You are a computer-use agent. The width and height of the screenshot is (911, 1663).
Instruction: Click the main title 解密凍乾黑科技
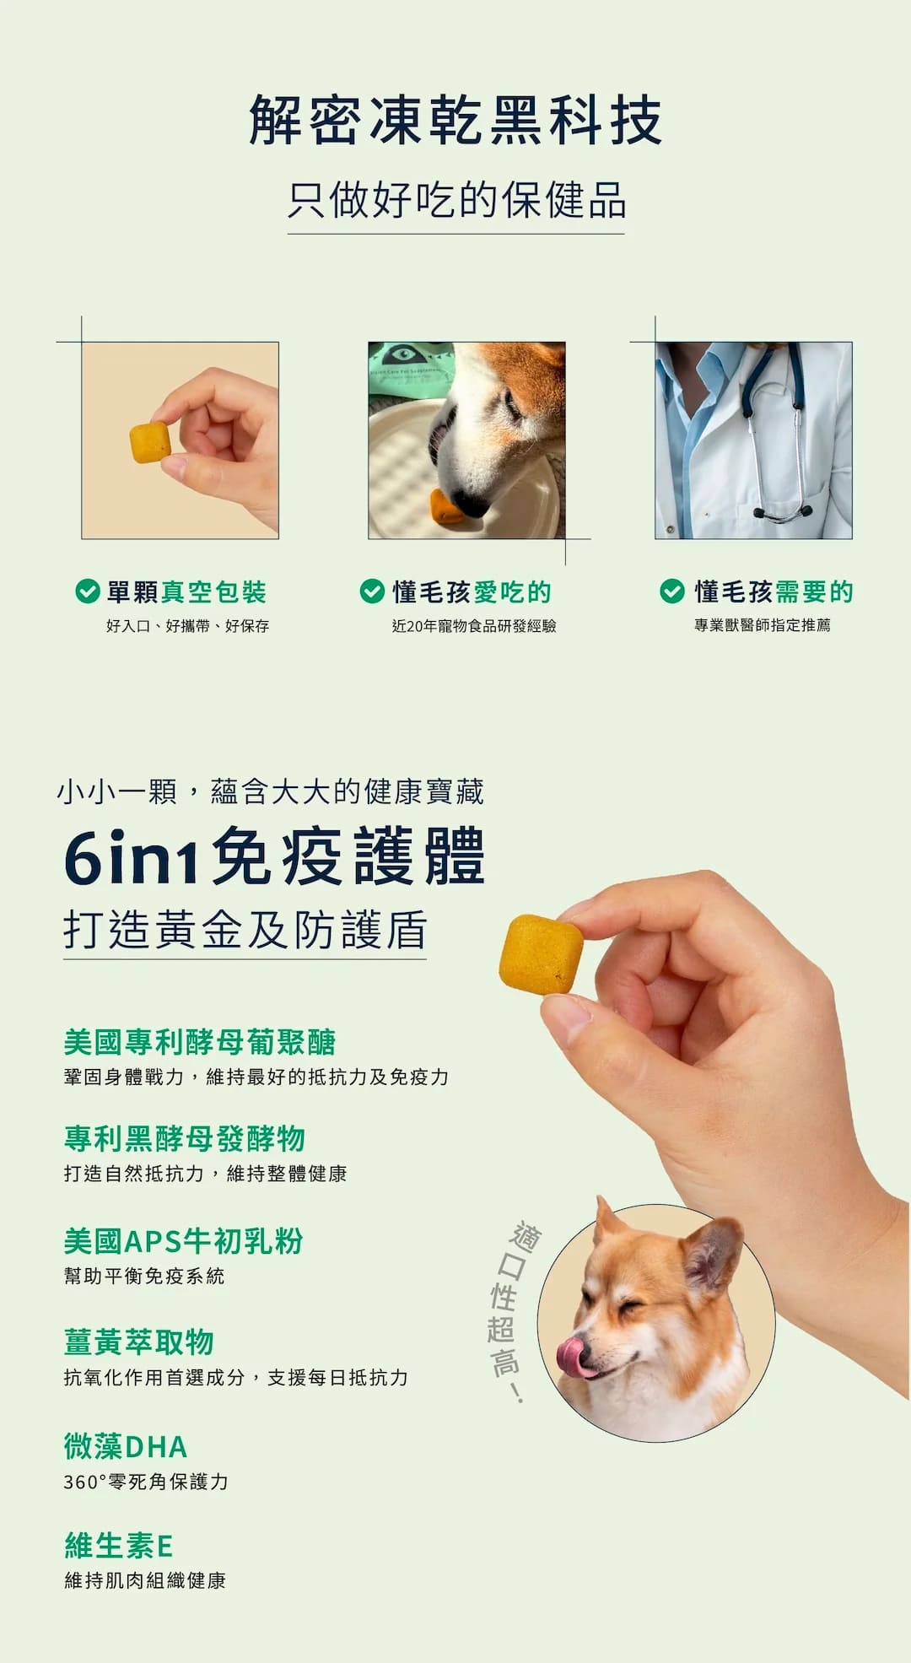click(455, 120)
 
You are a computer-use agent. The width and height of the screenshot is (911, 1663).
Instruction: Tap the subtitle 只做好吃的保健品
click(455, 200)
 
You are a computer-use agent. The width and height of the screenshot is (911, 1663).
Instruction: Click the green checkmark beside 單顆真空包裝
click(87, 591)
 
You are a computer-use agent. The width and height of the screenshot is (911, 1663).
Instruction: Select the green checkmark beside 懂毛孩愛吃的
click(372, 591)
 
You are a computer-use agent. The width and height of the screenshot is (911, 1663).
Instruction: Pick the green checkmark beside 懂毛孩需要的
click(671, 591)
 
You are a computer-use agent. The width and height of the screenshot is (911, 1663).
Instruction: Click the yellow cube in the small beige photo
click(150, 443)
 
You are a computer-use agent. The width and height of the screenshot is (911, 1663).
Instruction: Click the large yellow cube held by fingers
click(541, 954)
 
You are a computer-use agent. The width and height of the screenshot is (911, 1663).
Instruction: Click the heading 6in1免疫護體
click(274, 856)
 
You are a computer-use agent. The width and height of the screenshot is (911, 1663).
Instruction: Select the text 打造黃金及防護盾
click(245, 930)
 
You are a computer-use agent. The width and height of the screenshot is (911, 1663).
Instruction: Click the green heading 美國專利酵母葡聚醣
click(200, 1042)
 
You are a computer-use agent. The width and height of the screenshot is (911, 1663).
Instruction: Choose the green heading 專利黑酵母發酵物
click(185, 1138)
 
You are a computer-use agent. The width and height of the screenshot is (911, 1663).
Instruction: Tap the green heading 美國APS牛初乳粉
click(183, 1240)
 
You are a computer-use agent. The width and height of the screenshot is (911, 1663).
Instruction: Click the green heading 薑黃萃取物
click(139, 1342)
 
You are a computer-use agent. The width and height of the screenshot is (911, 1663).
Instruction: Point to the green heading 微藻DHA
click(126, 1446)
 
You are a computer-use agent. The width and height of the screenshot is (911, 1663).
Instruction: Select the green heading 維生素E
click(119, 1546)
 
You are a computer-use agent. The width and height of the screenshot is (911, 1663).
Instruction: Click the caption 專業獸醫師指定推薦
click(762, 625)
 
